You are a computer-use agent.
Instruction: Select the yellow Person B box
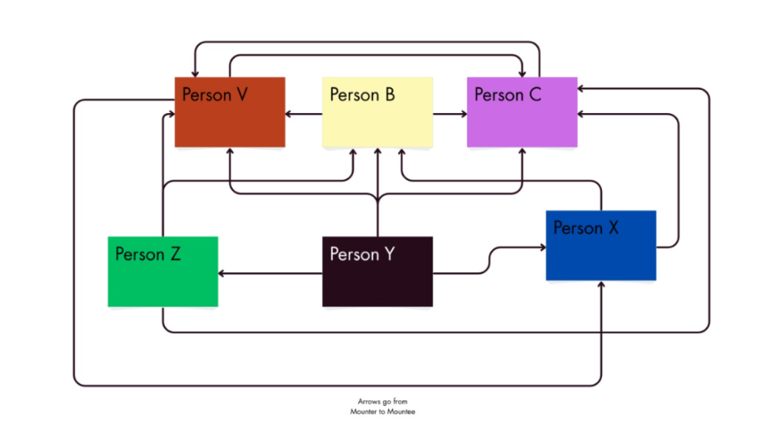(x=377, y=122)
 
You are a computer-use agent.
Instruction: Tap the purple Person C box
(x=522, y=122)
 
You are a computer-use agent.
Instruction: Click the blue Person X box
(x=601, y=256)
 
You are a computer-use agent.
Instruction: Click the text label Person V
(x=215, y=95)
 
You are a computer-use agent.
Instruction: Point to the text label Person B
(x=362, y=95)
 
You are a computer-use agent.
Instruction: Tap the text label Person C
(x=507, y=95)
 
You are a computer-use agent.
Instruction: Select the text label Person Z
(x=147, y=254)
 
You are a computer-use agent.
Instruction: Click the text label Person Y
(x=362, y=254)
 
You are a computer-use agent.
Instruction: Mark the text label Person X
(x=586, y=228)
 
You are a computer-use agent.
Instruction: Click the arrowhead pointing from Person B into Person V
(x=290, y=115)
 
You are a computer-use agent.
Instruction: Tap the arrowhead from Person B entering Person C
(x=463, y=115)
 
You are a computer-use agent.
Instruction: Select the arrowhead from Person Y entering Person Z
(x=222, y=273)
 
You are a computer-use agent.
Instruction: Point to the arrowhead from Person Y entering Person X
(x=542, y=248)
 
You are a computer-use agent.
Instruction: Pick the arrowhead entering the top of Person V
(x=196, y=73)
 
